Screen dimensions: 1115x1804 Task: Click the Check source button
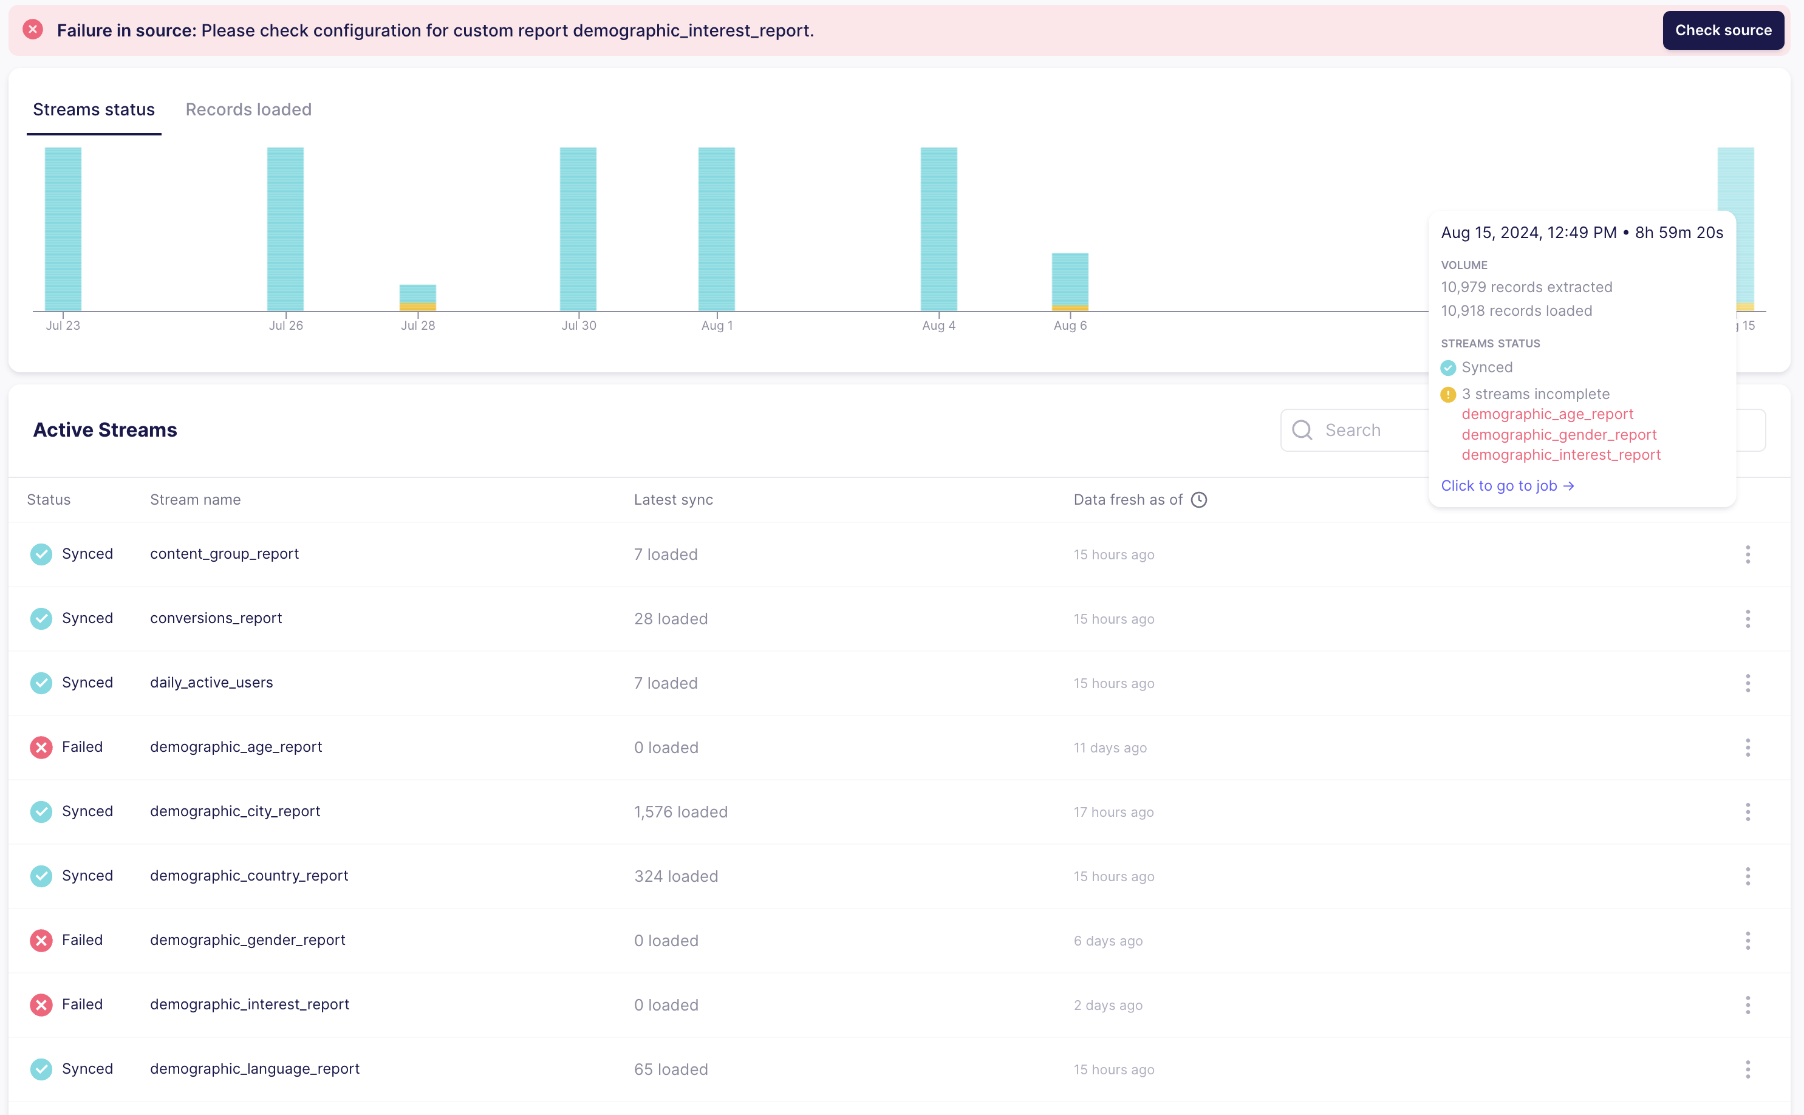pyautogui.click(x=1722, y=30)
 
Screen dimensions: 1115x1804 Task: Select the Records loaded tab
pyautogui.click(x=248, y=109)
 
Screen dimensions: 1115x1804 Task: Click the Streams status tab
pyautogui.click(x=94, y=109)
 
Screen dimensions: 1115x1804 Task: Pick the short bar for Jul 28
pyautogui.click(x=417, y=297)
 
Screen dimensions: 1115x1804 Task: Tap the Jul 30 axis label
pyautogui.click(x=578, y=326)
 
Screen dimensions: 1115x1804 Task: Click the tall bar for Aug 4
pyautogui.click(x=938, y=228)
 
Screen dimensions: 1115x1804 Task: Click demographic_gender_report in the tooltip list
pyautogui.click(x=1559, y=434)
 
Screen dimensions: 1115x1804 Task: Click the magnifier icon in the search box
pyautogui.click(x=1302, y=430)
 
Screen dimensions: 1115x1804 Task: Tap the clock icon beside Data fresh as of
pyautogui.click(x=1198, y=499)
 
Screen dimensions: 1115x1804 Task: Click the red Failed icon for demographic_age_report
pyautogui.click(x=41, y=747)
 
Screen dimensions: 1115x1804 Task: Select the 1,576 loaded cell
pyautogui.click(x=680, y=811)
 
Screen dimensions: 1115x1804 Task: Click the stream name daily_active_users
pyautogui.click(x=211, y=682)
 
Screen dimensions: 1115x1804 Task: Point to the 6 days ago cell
pyautogui.click(x=1107, y=940)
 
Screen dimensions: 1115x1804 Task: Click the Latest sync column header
pyautogui.click(x=672, y=499)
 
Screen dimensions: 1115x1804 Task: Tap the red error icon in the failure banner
pyautogui.click(x=32, y=30)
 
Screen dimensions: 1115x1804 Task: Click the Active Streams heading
pyautogui.click(x=104, y=429)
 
